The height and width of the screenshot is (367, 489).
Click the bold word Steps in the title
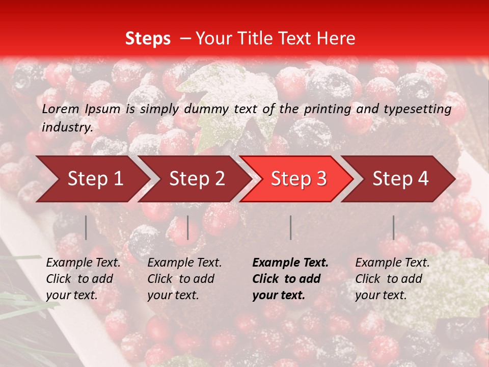(x=148, y=39)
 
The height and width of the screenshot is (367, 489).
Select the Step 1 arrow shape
(x=92, y=179)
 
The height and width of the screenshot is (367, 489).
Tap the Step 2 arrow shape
(x=196, y=179)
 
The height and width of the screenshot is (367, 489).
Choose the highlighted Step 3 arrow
(x=298, y=179)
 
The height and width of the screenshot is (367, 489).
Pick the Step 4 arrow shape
(x=400, y=179)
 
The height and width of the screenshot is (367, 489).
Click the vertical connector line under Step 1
(x=86, y=227)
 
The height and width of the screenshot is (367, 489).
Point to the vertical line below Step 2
(x=188, y=227)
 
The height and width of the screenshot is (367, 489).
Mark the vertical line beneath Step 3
(x=290, y=227)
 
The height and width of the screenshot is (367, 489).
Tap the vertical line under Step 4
(x=393, y=227)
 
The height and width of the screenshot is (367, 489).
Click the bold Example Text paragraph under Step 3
(x=290, y=279)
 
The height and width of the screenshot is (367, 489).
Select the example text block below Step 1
(x=83, y=279)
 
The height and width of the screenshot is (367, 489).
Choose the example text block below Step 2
(x=184, y=279)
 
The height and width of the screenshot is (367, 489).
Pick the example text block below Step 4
(x=392, y=279)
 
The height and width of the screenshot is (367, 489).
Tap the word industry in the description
(x=67, y=127)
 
